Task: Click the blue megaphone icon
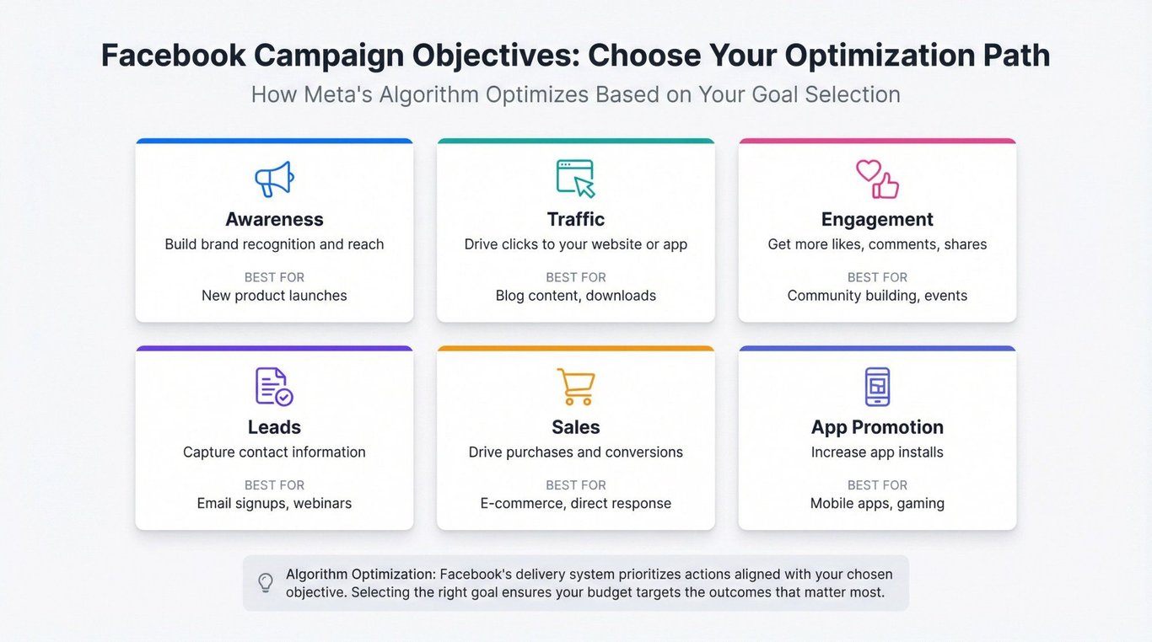274,179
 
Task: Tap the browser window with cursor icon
575,179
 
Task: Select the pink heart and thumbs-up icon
877,179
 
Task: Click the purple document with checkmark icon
274,386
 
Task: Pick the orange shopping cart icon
576,387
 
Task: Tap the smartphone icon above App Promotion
877,386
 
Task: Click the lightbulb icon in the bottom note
266,583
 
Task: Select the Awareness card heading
274,219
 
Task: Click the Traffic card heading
575,219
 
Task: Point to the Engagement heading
877,220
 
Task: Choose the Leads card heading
274,427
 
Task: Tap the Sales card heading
575,427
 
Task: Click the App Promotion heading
877,427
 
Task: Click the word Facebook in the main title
173,55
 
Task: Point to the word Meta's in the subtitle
338,94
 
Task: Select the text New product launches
274,296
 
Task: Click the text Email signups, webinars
274,503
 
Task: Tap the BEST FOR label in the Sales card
575,484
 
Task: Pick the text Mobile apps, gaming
877,503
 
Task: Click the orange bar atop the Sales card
575,348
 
